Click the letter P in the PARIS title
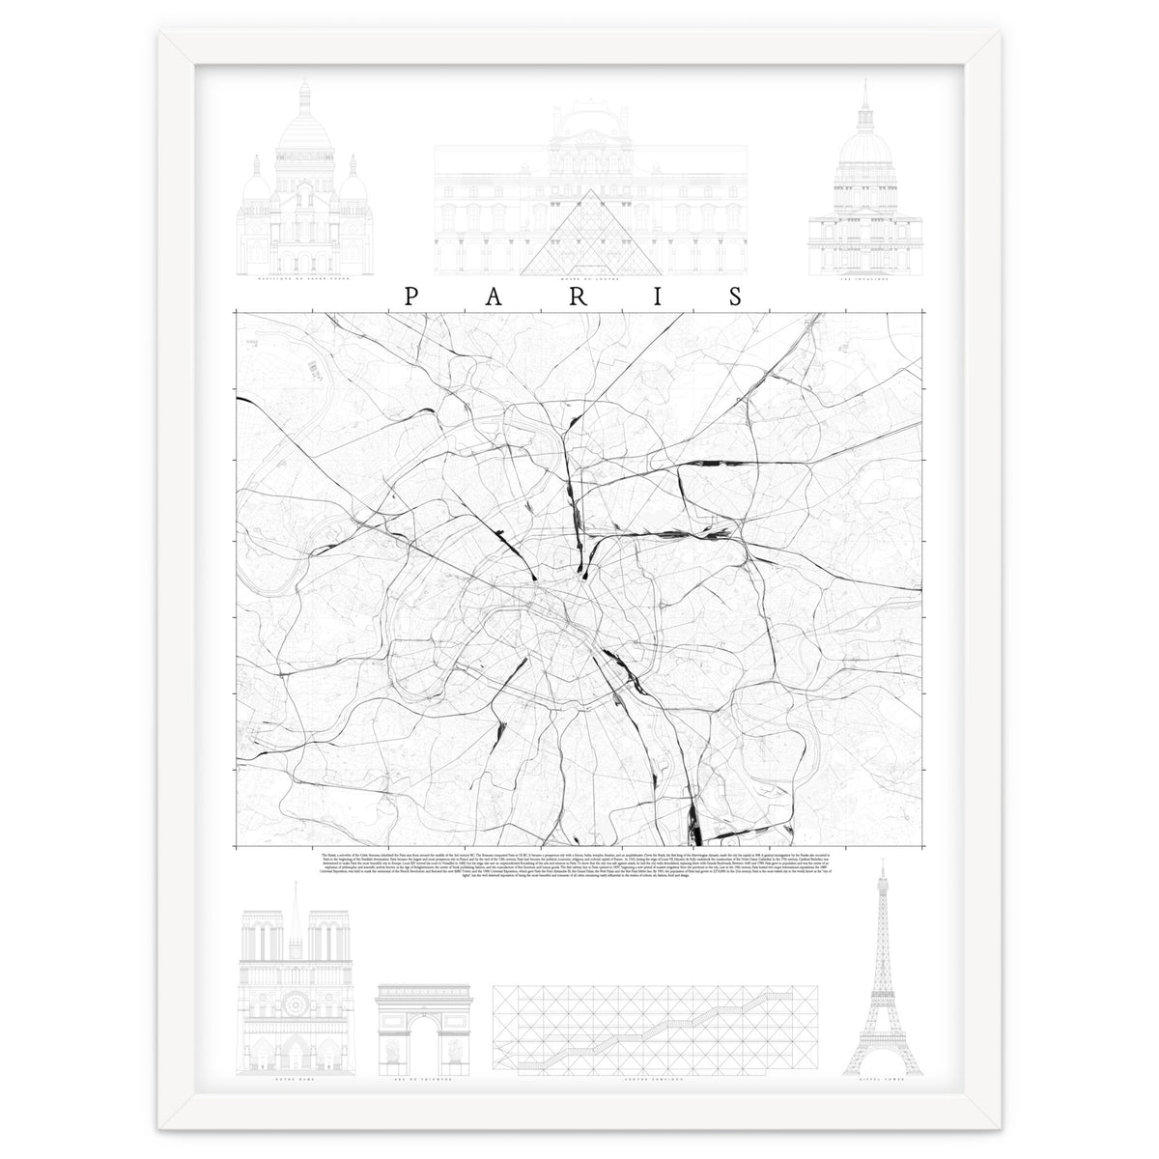coord(410,297)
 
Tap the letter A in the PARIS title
coord(493,297)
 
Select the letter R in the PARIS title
coord(576,297)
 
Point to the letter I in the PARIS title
coord(657,297)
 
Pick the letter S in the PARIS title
coord(737,297)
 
